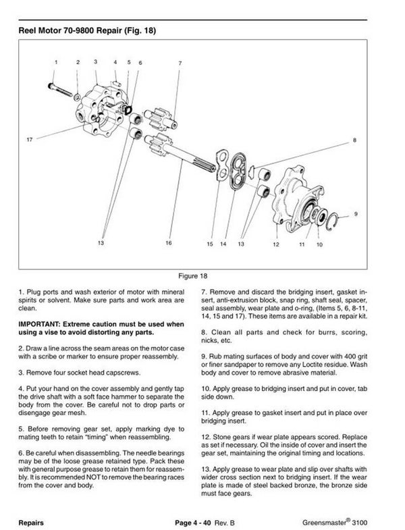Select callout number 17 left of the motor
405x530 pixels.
click(30, 140)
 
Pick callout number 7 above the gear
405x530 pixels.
click(180, 63)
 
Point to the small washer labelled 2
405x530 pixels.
click(79, 98)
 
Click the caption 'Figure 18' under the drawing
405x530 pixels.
click(202, 276)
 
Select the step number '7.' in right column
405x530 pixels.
click(205, 294)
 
